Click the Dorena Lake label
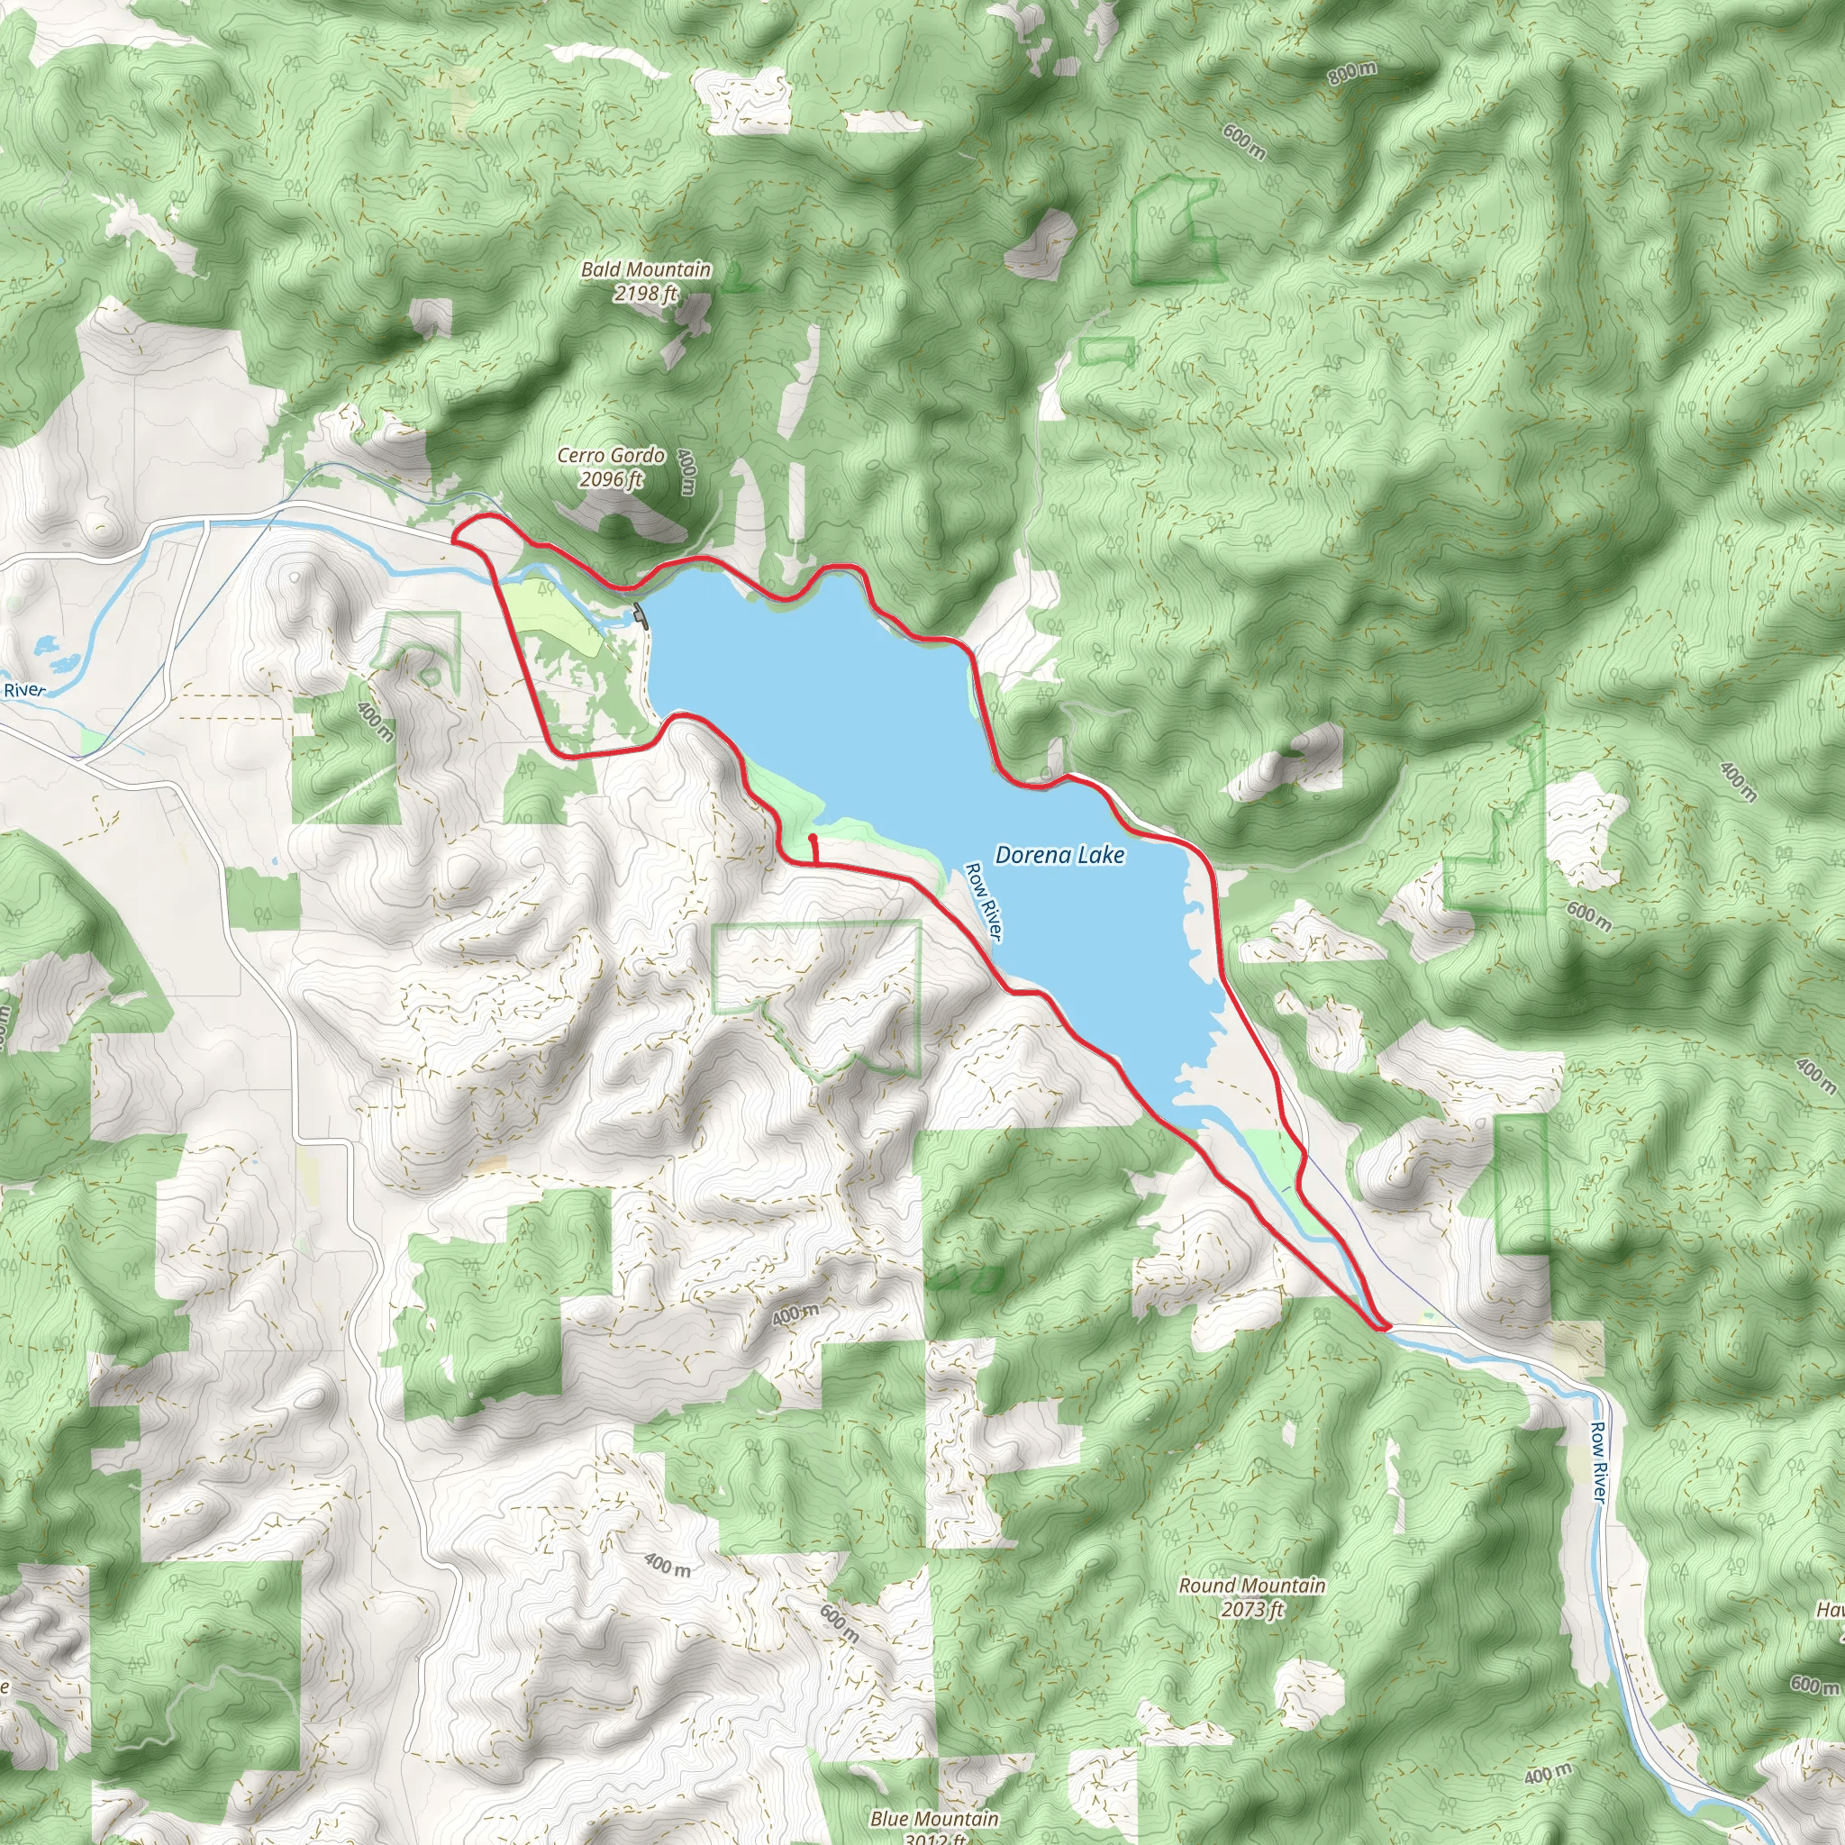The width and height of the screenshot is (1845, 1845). coord(1059,855)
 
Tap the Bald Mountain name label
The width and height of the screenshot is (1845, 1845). coord(647,270)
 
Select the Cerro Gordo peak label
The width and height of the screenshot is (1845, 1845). coord(611,456)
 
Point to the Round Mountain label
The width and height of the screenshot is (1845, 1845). coord(1252,1586)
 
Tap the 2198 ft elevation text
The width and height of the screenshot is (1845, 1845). coord(647,294)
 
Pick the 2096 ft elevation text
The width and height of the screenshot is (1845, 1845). coord(611,478)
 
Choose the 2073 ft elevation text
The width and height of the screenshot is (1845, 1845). coord(1252,1609)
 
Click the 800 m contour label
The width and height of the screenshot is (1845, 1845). coord(1352,73)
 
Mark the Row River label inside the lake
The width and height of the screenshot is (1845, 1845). coord(982,902)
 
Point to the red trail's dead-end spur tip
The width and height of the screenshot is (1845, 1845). coord(811,838)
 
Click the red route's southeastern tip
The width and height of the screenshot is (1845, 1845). coord(1383,1327)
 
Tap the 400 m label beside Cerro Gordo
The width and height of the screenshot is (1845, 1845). coord(686,472)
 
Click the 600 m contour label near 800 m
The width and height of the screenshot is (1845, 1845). coord(1244,143)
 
